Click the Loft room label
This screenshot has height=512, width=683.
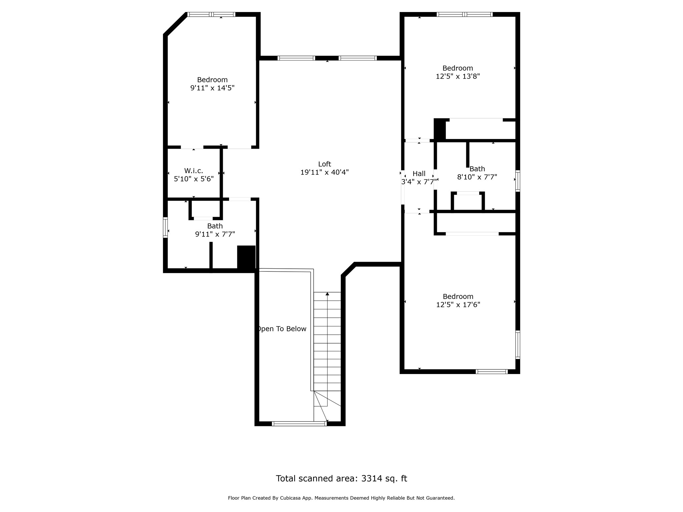coord(324,164)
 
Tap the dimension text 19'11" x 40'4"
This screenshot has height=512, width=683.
coord(324,172)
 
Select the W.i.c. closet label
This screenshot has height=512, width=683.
coord(193,171)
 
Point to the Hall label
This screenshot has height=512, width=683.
coord(419,174)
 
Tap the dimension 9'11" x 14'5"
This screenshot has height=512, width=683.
coord(212,88)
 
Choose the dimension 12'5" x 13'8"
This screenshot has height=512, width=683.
coord(458,76)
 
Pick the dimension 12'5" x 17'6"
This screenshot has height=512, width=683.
coord(458,305)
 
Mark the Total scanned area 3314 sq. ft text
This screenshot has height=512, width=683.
coord(341,479)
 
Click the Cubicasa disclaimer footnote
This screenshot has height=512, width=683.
coord(341,498)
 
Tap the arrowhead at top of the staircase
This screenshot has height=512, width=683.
coord(327,294)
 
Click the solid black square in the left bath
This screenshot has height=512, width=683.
coord(246,257)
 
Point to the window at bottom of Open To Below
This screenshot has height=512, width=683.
coord(299,424)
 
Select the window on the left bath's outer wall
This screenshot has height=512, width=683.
coord(165,227)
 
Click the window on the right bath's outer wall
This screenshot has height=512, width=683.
coord(518,181)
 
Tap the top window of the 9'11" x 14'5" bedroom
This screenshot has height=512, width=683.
coord(211,14)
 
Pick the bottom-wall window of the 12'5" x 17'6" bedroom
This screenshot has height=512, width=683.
coord(492,372)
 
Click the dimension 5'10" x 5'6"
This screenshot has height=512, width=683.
coord(194,179)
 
